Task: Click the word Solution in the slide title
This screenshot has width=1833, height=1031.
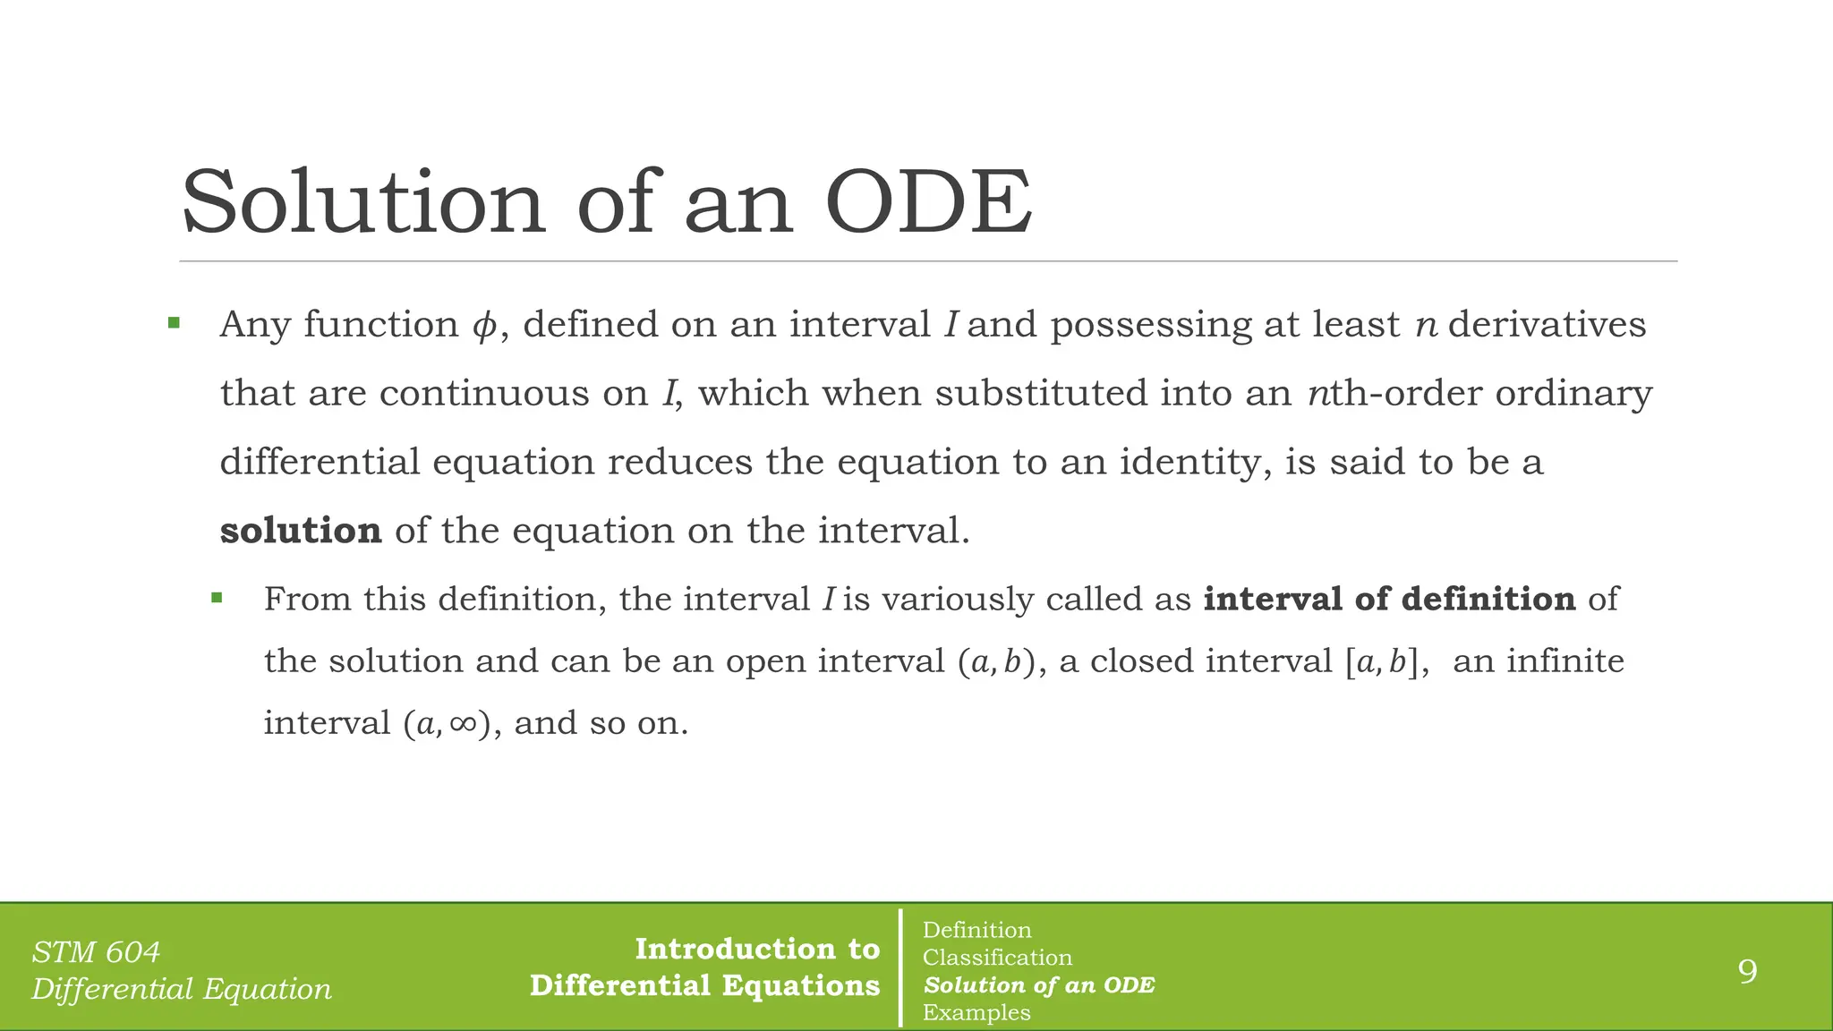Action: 362,203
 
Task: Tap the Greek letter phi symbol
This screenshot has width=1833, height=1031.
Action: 483,326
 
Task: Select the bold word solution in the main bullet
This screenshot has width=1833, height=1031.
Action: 301,531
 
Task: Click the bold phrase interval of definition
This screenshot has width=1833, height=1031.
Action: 1389,599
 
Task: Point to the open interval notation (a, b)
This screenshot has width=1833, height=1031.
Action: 996,662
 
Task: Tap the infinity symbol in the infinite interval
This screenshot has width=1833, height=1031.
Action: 463,723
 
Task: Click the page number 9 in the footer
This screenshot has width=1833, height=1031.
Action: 1747,971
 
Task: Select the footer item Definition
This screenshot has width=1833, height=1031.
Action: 976,930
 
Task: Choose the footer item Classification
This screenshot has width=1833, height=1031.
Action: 997,958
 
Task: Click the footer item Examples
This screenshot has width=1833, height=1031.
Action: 976,1012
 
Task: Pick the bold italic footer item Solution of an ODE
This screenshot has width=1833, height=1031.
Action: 1039,985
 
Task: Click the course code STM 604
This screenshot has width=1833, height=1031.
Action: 96,952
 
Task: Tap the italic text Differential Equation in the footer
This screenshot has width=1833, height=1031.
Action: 182,989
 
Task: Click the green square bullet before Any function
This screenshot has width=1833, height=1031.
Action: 174,323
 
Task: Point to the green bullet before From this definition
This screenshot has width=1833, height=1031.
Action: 217,597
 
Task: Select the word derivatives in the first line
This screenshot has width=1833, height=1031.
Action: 1547,325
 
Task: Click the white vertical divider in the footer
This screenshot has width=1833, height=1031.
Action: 900,967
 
